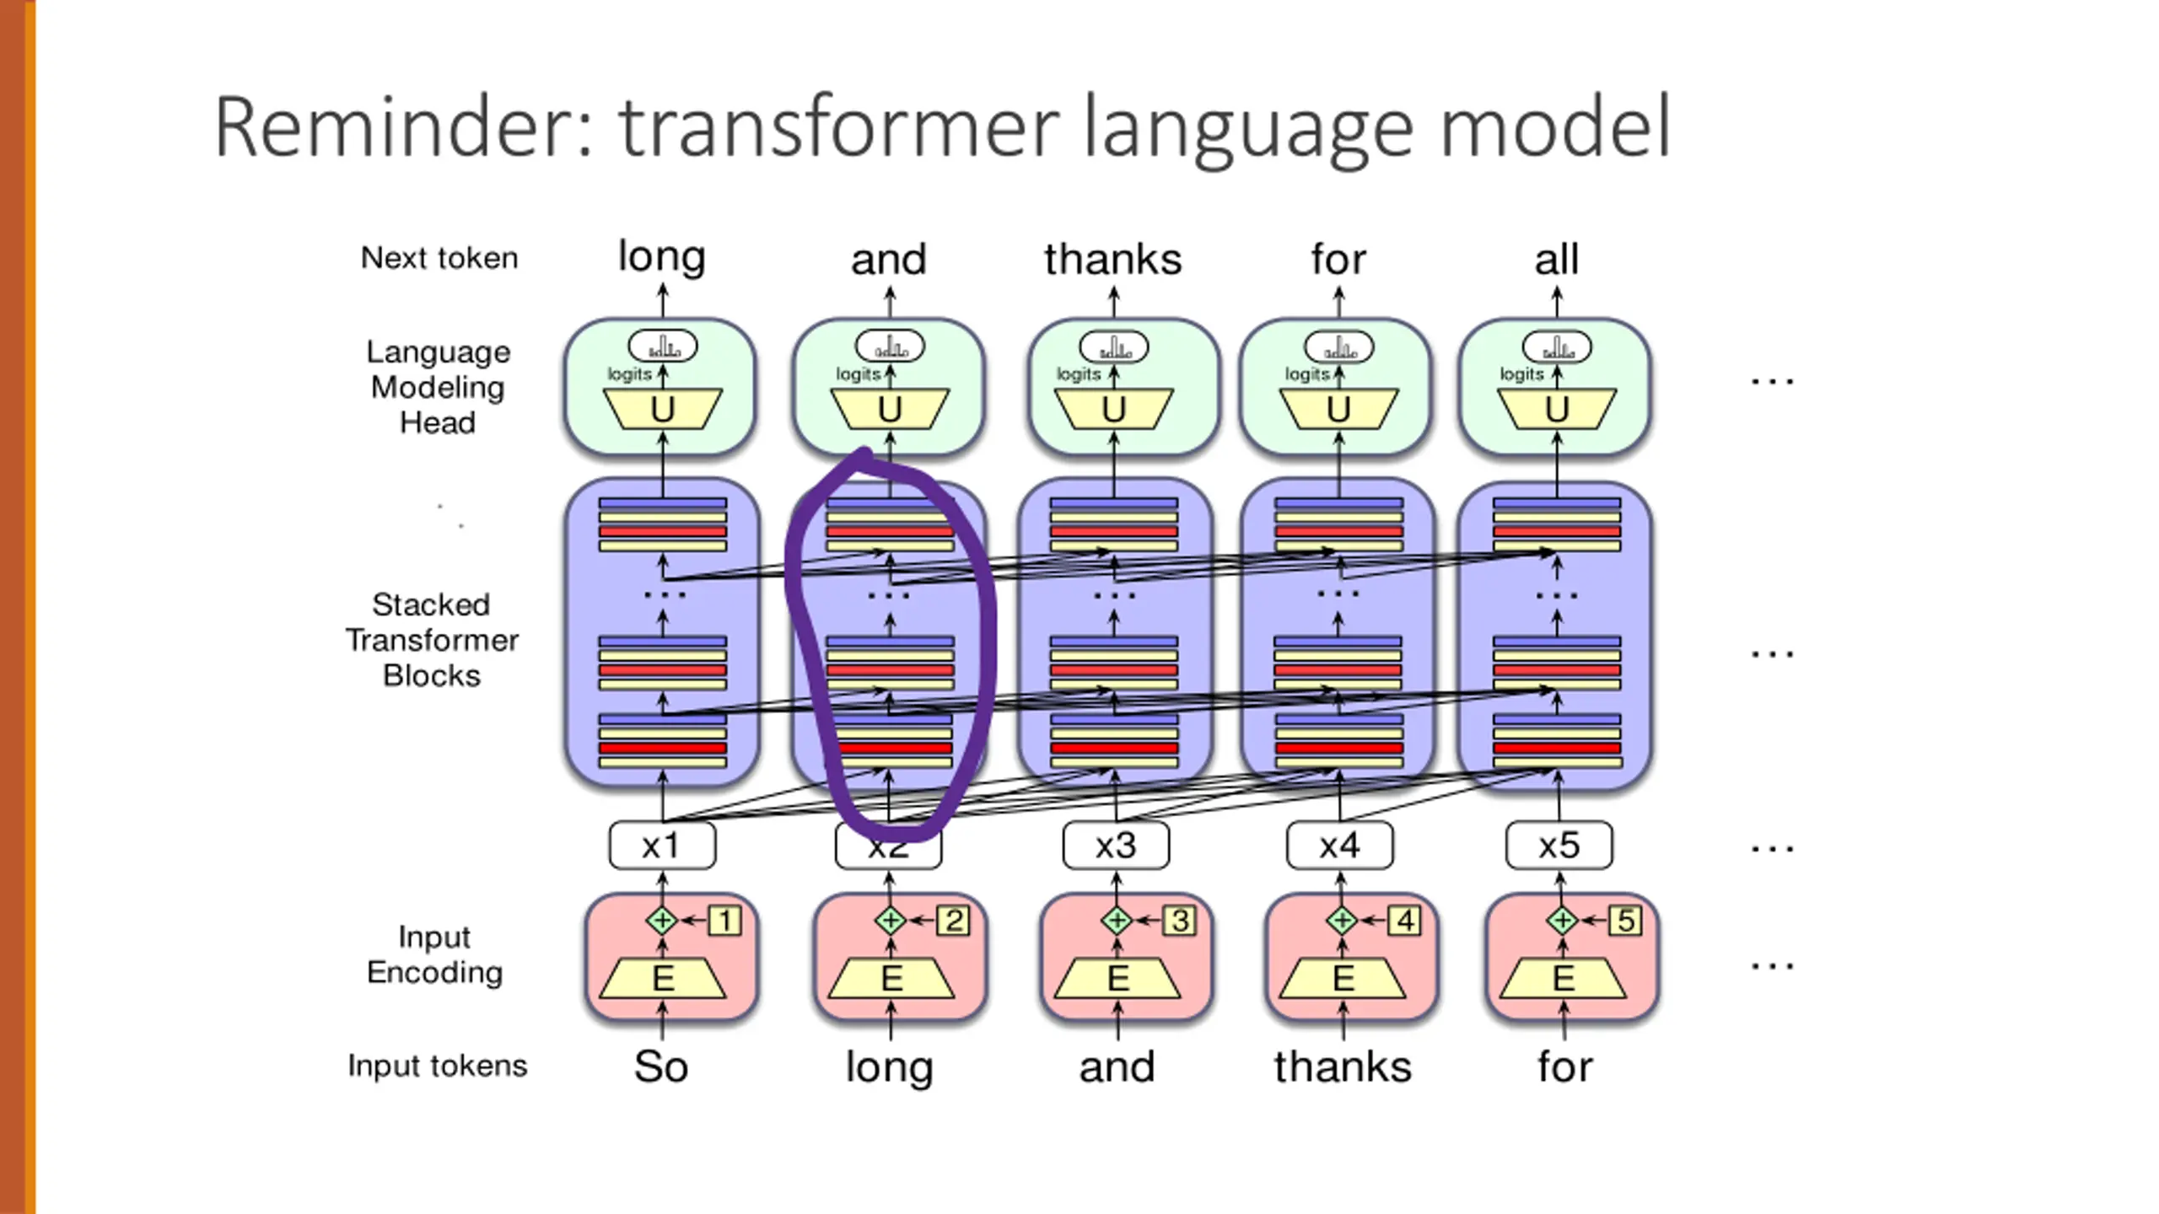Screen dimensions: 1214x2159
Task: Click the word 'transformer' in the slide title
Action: [839, 128]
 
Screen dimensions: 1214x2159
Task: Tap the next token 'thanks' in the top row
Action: [1112, 260]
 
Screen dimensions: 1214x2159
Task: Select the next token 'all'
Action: [1556, 260]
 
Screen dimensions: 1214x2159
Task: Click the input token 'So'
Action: [661, 1066]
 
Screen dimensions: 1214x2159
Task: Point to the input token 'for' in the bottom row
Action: [1564, 1066]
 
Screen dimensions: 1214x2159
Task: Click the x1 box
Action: [662, 846]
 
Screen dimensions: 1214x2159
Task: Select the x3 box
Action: [1116, 846]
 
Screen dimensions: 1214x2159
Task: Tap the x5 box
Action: [1559, 846]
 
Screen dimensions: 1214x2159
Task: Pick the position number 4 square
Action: [1405, 921]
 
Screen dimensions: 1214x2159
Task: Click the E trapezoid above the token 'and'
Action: [1117, 979]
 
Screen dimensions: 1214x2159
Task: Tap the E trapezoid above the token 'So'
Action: [663, 979]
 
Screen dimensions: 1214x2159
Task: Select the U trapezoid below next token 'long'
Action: [663, 410]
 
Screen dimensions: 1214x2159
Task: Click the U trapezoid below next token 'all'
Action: [1557, 410]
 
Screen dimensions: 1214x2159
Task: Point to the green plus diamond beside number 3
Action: [1117, 921]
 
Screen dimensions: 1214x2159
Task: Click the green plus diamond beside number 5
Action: [1562, 921]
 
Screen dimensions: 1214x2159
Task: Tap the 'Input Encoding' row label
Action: [434, 954]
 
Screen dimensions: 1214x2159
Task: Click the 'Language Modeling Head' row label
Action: [438, 387]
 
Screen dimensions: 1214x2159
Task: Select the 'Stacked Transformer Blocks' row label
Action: [432, 640]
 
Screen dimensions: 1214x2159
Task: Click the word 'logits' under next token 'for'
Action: [1306, 374]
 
